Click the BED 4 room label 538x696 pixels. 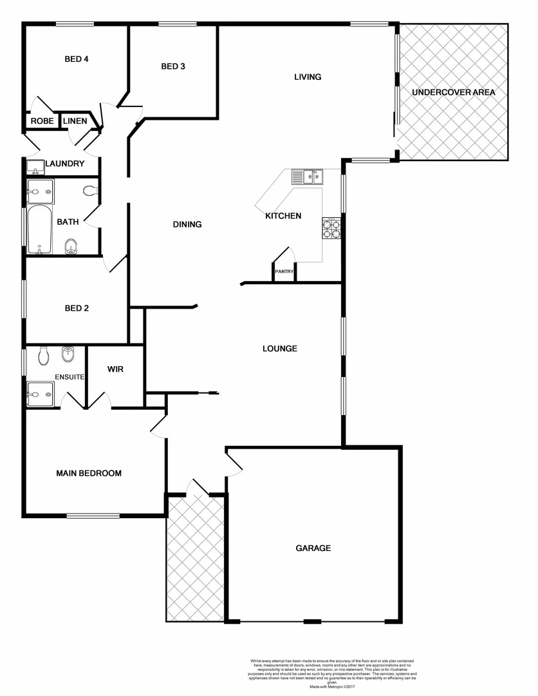tap(76, 59)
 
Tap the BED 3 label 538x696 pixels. tap(173, 66)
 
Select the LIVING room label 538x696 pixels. tap(308, 77)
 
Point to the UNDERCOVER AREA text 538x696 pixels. tap(454, 92)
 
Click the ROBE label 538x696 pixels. tap(42, 121)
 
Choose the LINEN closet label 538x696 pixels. tap(75, 121)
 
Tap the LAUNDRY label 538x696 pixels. tap(64, 164)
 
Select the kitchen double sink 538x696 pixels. tap(306, 176)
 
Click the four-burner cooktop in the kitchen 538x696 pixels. tap(331, 229)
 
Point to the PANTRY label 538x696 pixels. tap(284, 272)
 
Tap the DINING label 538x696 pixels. tap(187, 224)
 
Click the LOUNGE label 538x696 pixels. tap(280, 349)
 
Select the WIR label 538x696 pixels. tap(115, 369)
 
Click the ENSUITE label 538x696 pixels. tap(70, 377)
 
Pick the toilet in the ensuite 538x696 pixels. tap(44, 355)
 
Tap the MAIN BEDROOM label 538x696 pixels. tap(89, 473)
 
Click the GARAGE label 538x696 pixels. tap(313, 548)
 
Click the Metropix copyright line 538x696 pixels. tap(333, 688)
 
